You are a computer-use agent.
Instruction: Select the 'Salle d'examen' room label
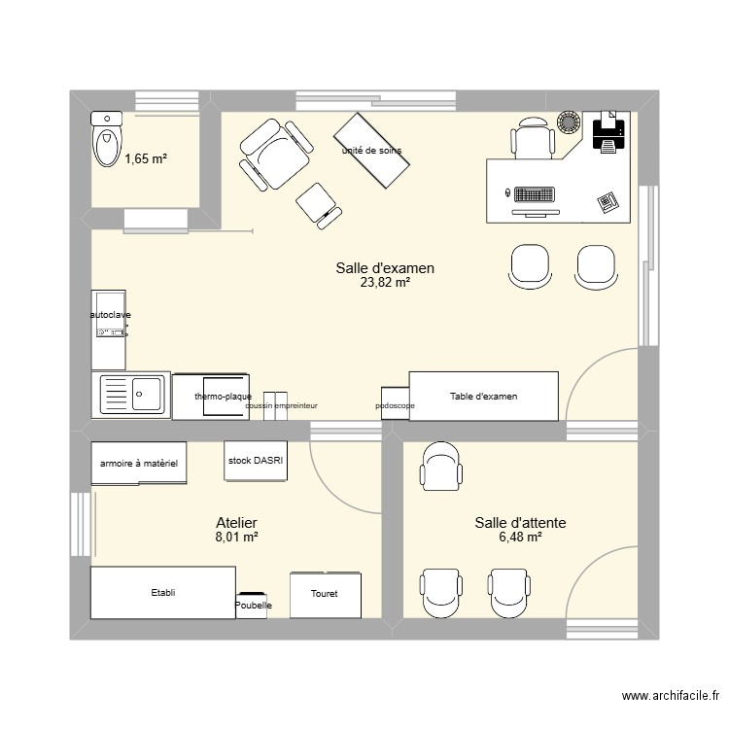click(x=385, y=268)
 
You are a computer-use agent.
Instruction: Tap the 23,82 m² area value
click(x=385, y=283)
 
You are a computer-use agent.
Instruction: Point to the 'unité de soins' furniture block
click(x=371, y=151)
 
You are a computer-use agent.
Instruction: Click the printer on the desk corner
click(x=608, y=131)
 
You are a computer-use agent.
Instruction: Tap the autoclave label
click(x=110, y=315)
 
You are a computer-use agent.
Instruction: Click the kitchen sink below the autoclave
click(x=131, y=396)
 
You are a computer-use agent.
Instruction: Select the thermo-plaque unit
click(x=224, y=397)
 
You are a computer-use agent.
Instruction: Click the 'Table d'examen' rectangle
click(x=484, y=396)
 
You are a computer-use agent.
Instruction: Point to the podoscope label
click(x=395, y=405)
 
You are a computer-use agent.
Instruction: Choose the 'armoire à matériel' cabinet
click(x=139, y=465)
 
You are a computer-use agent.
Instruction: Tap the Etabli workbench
click(x=162, y=592)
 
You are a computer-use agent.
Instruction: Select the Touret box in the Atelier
click(x=325, y=594)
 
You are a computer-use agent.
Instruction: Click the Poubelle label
click(x=253, y=606)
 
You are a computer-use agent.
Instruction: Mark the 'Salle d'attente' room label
click(x=520, y=523)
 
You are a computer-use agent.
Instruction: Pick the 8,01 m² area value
click(x=236, y=537)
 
